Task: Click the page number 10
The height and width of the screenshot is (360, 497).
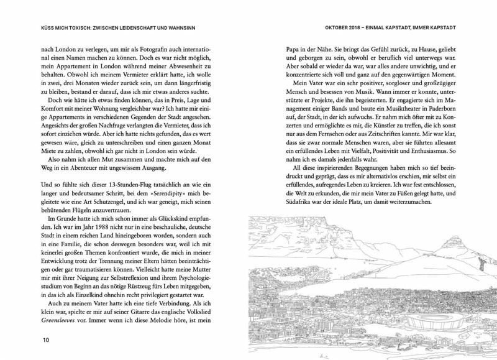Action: click(x=45, y=340)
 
